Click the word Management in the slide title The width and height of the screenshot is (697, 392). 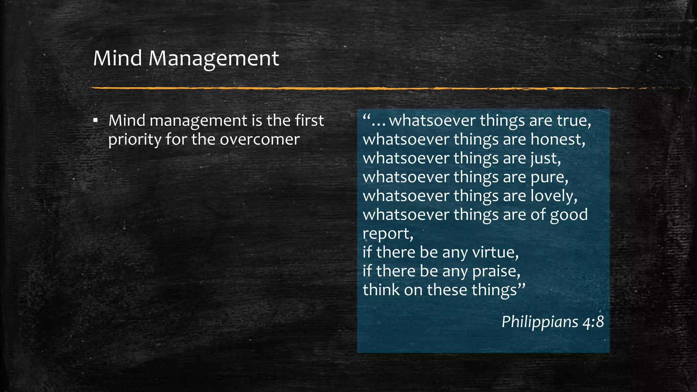coord(213,59)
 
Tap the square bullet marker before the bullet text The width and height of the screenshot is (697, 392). coord(96,120)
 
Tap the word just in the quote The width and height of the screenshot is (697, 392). coord(545,159)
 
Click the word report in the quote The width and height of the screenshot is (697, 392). coord(387,234)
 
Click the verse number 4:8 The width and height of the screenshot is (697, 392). coord(593,322)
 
